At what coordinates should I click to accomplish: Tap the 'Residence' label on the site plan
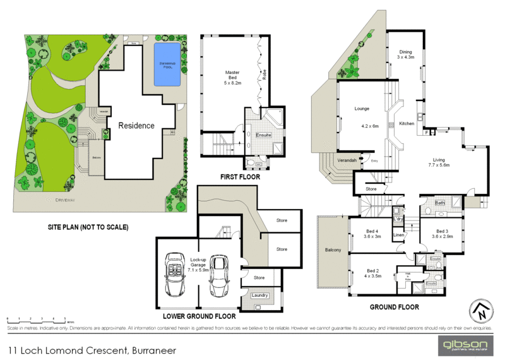(x=136, y=125)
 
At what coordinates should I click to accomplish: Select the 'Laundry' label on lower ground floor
(x=260, y=295)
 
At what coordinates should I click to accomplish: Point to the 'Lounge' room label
(x=362, y=109)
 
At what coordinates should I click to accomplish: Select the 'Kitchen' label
(x=407, y=124)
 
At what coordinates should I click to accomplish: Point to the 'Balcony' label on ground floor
(x=333, y=251)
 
